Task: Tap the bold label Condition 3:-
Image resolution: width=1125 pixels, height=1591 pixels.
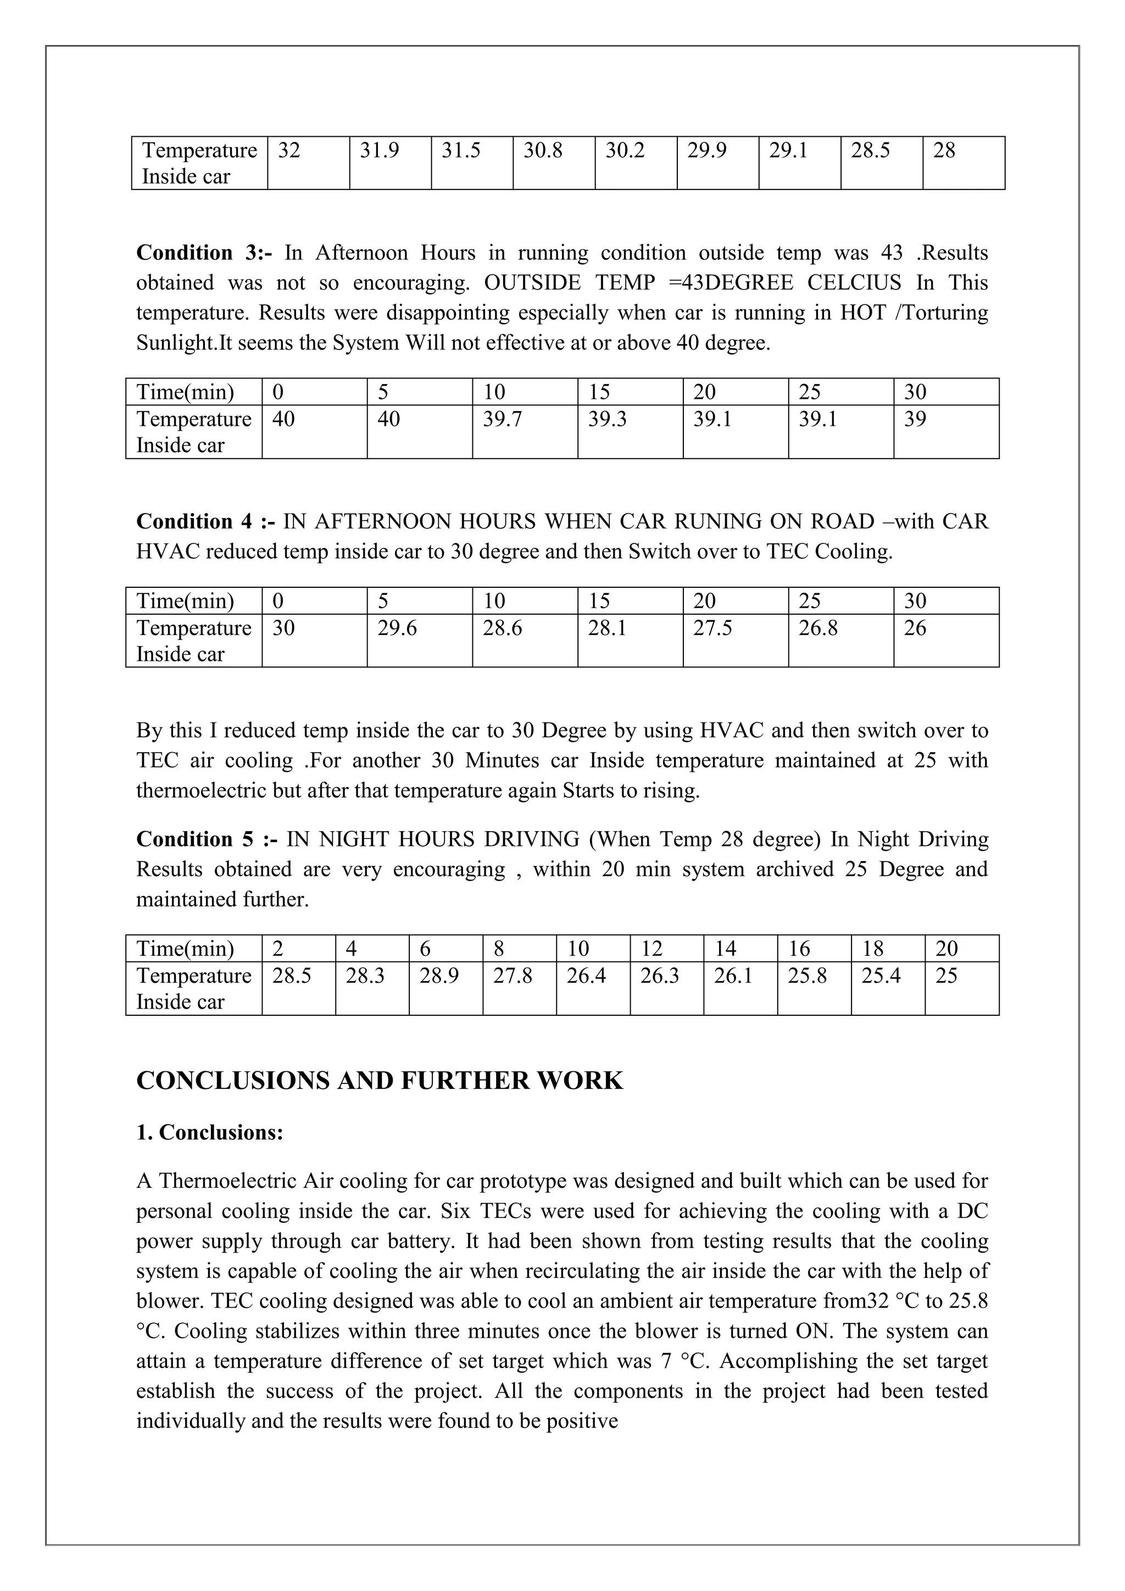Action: click(204, 252)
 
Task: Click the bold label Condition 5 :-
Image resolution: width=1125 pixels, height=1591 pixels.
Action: click(207, 839)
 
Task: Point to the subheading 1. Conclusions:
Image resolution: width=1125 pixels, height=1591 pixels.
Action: click(210, 1132)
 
